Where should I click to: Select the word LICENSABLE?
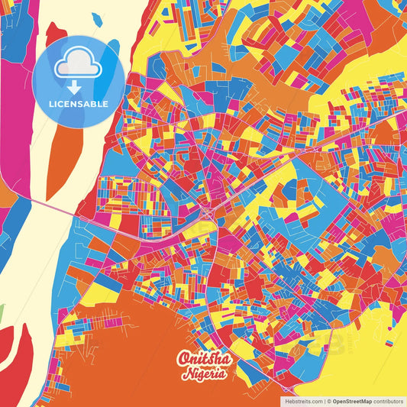[79, 104]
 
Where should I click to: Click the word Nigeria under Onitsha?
[203, 373]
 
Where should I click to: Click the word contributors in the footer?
[389, 400]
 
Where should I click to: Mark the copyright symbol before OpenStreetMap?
[329, 400]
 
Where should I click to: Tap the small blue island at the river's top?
[97, 18]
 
